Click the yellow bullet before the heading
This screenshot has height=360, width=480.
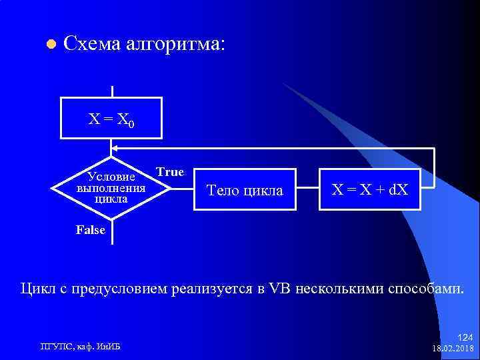point(49,45)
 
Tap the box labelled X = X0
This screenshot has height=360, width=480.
point(111,119)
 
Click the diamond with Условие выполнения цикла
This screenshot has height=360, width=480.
point(111,189)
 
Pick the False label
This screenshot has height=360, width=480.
point(91,230)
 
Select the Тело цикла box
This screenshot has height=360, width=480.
point(245,191)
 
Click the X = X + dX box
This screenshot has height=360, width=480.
point(370,190)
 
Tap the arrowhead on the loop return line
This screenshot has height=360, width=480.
point(115,148)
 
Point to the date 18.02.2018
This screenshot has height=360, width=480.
point(453,348)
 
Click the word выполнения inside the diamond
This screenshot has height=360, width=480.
point(111,188)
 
